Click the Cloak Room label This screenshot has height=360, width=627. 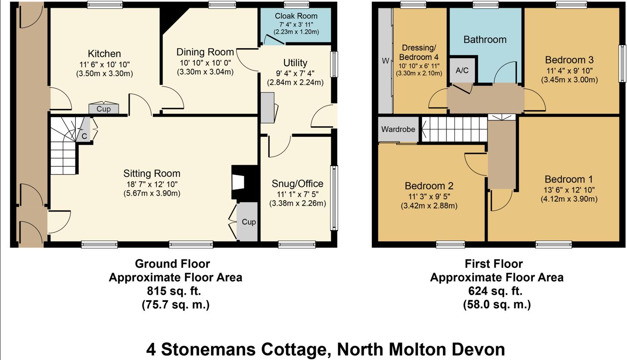click(296, 16)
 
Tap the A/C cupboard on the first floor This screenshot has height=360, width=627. click(462, 70)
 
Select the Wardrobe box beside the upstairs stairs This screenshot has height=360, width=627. click(398, 129)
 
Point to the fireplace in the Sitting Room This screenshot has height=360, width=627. click(239, 182)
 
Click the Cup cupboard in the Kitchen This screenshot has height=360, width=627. click(103, 109)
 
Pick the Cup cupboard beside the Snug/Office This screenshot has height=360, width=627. click(248, 222)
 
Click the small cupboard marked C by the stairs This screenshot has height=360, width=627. click(84, 136)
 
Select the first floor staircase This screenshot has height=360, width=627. click(454, 129)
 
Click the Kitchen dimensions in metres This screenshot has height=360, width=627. click(104, 74)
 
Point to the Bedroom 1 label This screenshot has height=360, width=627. click(568, 179)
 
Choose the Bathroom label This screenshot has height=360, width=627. click(485, 40)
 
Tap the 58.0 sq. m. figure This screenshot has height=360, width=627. click(496, 305)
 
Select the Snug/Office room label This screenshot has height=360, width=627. click(297, 184)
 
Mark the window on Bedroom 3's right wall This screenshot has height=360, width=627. click(622, 63)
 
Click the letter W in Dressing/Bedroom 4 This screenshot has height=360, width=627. click(385, 61)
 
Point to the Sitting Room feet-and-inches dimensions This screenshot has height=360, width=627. click(151, 184)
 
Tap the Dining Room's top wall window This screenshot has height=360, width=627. click(222, 5)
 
